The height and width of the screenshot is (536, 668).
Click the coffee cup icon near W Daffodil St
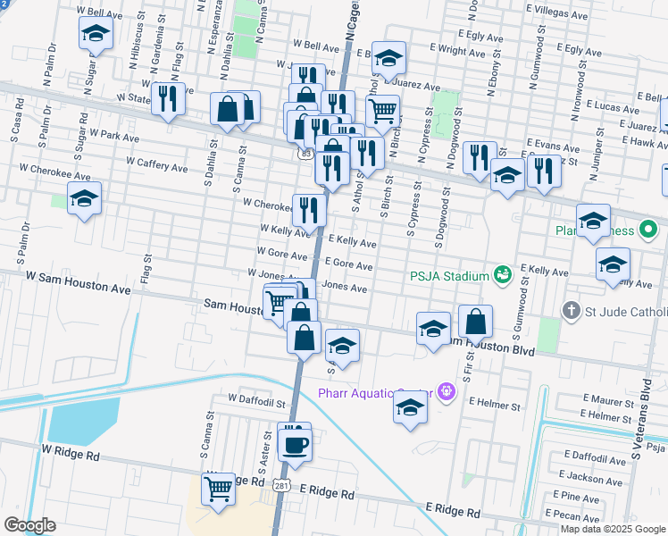coord(295,442)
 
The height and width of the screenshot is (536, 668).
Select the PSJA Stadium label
coord(450,275)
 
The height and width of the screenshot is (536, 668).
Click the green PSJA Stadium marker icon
coord(502,272)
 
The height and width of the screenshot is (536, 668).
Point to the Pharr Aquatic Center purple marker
coord(447,391)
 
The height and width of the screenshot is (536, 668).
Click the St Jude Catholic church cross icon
coord(572,311)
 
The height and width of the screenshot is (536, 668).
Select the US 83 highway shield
coord(306,154)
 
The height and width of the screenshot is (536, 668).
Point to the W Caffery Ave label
coord(156,165)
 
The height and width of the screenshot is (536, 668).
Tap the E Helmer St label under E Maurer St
coord(606,416)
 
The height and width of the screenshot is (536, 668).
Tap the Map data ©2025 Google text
coord(613,529)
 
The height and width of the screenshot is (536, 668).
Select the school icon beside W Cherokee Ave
coord(84,199)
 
